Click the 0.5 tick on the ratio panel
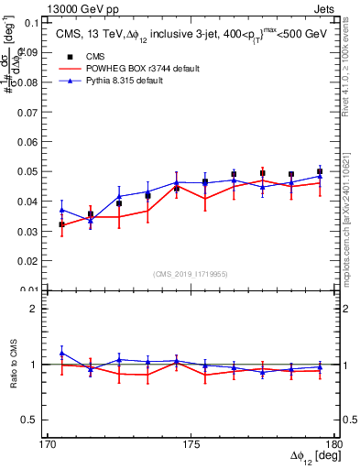click(33, 420)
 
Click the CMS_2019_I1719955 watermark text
click(191, 273)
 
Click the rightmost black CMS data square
click(320, 171)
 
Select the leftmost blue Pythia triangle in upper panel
click(61, 210)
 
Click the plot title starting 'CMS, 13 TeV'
click(191, 34)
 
